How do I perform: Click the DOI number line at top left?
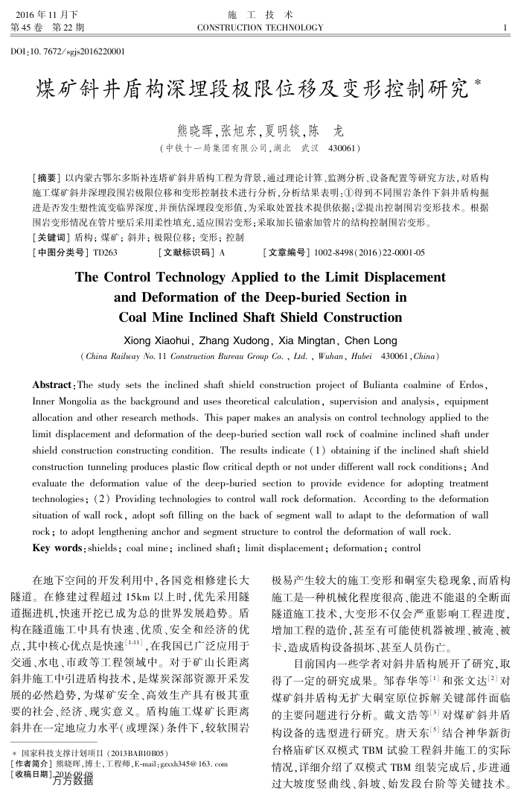tap(68, 51)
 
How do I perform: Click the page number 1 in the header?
tap(505, 28)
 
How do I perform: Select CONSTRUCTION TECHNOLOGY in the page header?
tap(260, 28)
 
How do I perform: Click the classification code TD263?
tap(105, 253)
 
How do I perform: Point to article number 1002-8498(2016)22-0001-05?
tap(370, 253)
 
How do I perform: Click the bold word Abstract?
tap(53, 386)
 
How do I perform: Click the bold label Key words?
tap(57, 548)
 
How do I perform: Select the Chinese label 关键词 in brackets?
tap(50, 238)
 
